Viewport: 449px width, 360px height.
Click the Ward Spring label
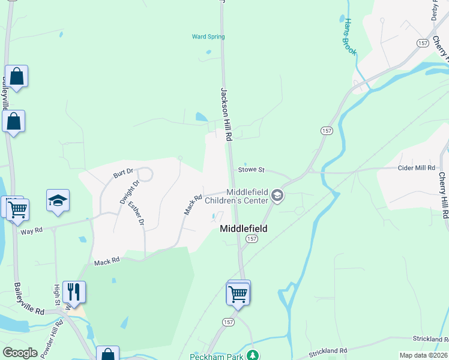tap(208, 37)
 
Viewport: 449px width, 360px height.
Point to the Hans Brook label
tap(349, 37)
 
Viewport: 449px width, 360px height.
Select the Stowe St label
tap(252, 170)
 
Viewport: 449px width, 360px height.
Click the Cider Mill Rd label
tap(416, 168)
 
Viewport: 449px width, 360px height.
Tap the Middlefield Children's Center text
tap(238, 196)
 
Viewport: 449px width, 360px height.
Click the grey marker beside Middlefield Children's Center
tap(277, 195)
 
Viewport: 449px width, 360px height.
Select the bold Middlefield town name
tap(243, 229)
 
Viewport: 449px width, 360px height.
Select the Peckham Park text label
tap(215, 356)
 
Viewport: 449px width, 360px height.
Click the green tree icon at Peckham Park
tap(253, 355)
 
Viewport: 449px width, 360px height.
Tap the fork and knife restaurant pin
tap(74, 292)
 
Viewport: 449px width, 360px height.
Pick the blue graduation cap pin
tap(58, 201)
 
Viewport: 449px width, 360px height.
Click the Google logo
tap(20, 353)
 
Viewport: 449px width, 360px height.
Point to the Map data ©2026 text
tap(423, 355)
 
